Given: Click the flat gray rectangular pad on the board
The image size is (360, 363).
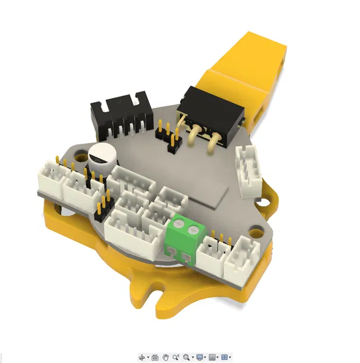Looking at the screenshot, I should [x=212, y=196].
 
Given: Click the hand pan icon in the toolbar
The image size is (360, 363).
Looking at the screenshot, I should [x=165, y=357].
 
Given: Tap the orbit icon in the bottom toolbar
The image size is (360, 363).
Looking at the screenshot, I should [x=141, y=357].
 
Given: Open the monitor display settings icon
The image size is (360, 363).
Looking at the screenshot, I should [x=200, y=357].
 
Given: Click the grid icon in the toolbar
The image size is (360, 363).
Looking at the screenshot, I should [x=213, y=357].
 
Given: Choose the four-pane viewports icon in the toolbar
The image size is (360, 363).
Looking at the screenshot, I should [x=226, y=357].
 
